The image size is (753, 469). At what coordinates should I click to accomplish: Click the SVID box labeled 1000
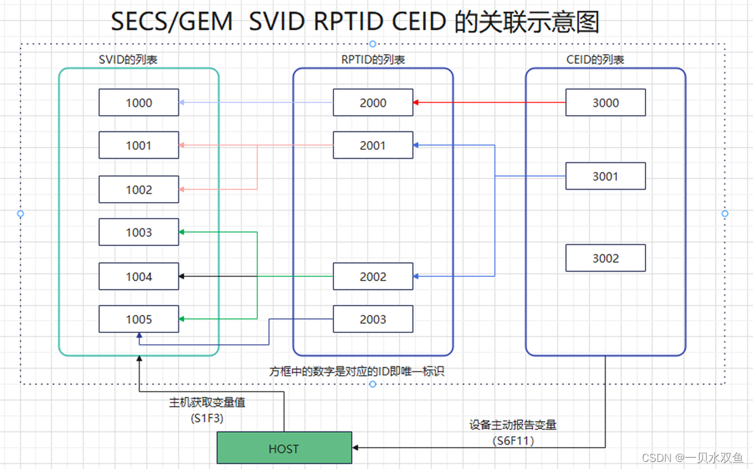(138, 102)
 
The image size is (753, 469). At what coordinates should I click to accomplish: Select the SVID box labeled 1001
(138, 145)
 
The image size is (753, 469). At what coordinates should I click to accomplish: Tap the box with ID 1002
(138, 190)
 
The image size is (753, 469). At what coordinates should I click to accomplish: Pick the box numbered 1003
(138, 232)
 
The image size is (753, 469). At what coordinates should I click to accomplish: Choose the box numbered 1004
(138, 276)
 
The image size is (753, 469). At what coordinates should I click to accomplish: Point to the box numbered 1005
(138, 319)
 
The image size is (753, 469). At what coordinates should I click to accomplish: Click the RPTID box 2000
(373, 102)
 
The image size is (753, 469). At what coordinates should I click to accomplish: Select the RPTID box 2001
(373, 145)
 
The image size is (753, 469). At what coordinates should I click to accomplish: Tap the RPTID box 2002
(373, 276)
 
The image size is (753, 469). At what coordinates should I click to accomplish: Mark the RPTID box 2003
(373, 319)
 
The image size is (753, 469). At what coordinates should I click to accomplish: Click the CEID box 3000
(605, 102)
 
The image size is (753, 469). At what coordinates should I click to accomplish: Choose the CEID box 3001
(605, 176)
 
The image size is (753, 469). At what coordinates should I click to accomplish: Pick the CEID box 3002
(605, 258)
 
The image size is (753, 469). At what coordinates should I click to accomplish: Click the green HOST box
(284, 448)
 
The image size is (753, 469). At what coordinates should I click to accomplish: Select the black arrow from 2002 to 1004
(256, 276)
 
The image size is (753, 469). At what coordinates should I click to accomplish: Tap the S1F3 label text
(207, 418)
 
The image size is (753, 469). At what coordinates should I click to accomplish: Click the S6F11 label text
(513, 440)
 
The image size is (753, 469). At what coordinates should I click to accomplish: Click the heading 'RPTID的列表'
(373, 59)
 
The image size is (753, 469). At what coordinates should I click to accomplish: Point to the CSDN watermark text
(692, 457)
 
